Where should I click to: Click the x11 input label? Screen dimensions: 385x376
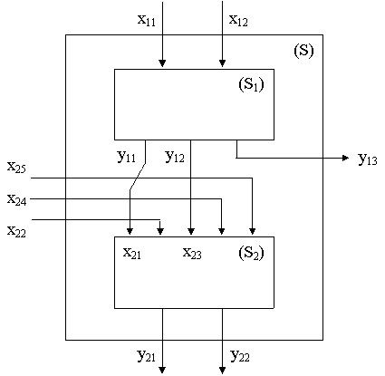(147, 21)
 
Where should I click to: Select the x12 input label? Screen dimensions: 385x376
(238, 21)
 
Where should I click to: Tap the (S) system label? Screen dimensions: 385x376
(303, 50)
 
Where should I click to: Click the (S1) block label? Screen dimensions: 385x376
(251, 84)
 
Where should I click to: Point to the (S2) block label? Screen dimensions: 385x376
(251, 253)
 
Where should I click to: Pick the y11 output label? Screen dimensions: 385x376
(126, 157)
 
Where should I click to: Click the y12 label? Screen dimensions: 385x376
(175, 157)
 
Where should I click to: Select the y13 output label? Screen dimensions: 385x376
(368, 159)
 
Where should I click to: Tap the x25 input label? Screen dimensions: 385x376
(16, 167)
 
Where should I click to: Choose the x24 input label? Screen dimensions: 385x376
(17, 199)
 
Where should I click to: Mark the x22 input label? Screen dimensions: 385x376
(16, 232)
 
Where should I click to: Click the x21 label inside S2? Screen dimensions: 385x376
(132, 253)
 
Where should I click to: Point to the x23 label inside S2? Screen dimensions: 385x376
(192, 253)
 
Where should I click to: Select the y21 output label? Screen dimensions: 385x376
(146, 356)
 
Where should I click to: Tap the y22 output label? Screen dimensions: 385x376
(240, 356)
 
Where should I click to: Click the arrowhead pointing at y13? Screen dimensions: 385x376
(346, 158)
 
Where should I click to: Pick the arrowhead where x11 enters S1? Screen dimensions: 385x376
(162, 63)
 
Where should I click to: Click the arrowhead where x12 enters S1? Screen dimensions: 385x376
(222, 63)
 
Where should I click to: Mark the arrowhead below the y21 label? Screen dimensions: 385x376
(162, 370)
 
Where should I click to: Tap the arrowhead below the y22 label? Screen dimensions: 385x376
(222, 370)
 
